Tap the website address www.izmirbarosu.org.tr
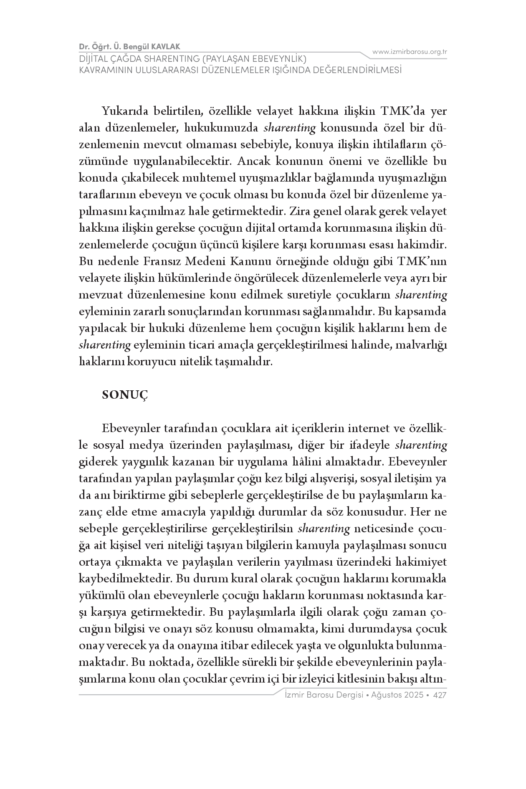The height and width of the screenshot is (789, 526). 410,52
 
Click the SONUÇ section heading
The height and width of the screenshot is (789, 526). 125,395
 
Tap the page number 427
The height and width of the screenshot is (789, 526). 440,695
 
